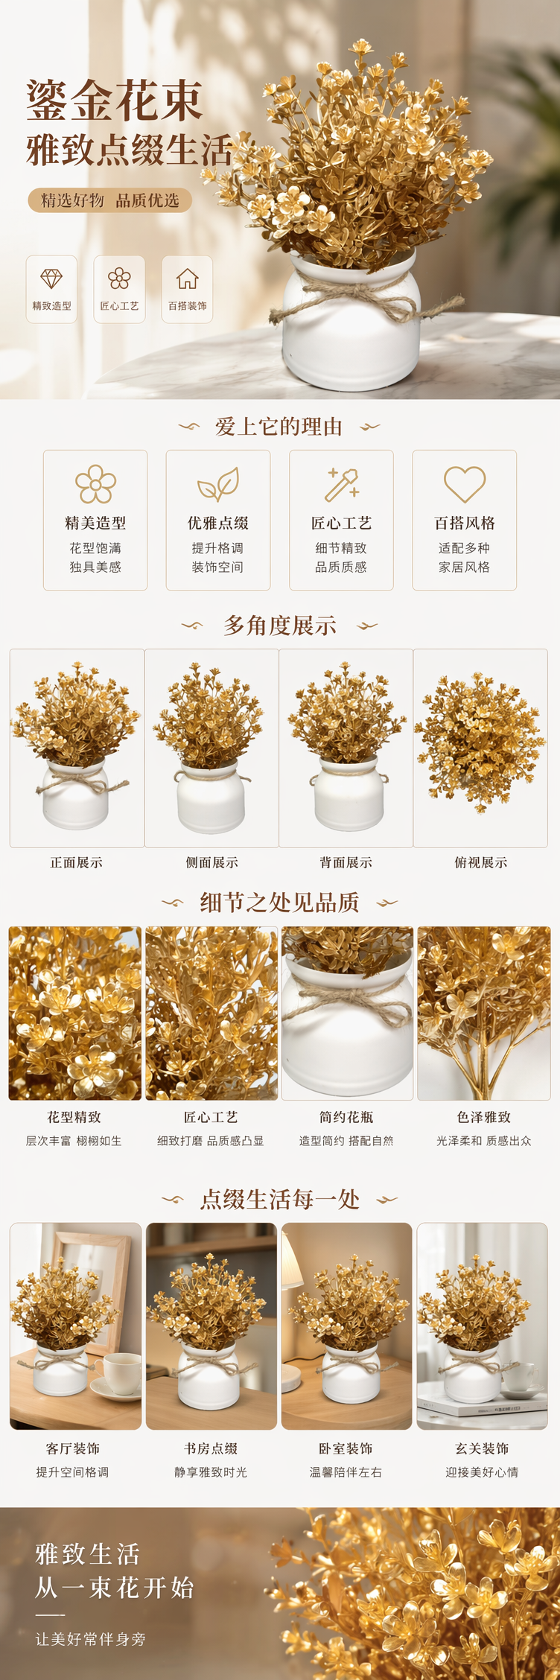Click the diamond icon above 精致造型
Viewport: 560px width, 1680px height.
[x=51, y=279]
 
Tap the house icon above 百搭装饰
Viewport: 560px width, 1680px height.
[x=188, y=279]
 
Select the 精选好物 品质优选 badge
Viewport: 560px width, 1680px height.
[x=110, y=200]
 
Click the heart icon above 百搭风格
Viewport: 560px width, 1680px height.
[x=465, y=484]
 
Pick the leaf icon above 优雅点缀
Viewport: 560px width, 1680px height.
[x=218, y=484]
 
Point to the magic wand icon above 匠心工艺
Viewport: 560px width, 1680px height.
[x=342, y=484]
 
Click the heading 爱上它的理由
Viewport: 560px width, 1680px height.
[x=279, y=427]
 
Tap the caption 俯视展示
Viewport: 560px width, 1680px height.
[x=481, y=862]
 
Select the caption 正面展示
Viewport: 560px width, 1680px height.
[x=76, y=862]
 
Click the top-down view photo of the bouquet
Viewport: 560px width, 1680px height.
[x=480, y=748]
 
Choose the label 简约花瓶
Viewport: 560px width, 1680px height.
[x=346, y=1117]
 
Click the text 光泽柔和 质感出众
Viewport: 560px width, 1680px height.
[x=484, y=1141]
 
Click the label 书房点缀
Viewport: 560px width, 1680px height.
[x=211, y=1448]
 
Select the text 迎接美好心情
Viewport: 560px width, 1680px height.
[x=483, y=1472]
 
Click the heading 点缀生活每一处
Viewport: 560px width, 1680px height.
[x=280, y=1200]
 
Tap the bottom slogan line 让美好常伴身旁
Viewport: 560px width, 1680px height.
[x=91, y=1639]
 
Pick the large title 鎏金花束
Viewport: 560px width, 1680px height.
[x=115, y=101]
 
